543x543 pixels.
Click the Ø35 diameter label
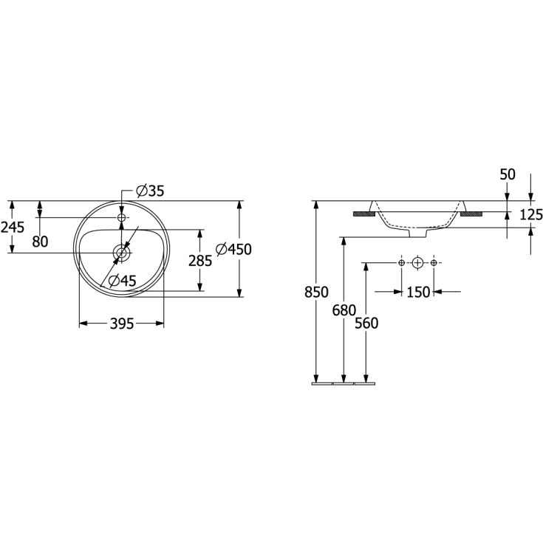pyautogui.click(x=150, y=191)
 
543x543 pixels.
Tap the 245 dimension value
pyautogui.click(x=13, y=228)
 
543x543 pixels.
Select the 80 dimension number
pyautogui.click(x=40, y=242)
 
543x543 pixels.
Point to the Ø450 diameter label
pyautogui.click(x=233, y=250)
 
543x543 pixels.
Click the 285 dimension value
pyautogui.click(x=200, y=261)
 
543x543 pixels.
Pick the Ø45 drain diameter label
pyautogui.click(x=122, y=281)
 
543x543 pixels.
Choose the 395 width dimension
pyautogui.click(x=122, y=324)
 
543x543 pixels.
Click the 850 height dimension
pyautogui.click(x=316, y=292)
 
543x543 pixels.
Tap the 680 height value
pyautogui.click(x=344, y=310)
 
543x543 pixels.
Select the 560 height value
pyautogui.click(x=366, y=323)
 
